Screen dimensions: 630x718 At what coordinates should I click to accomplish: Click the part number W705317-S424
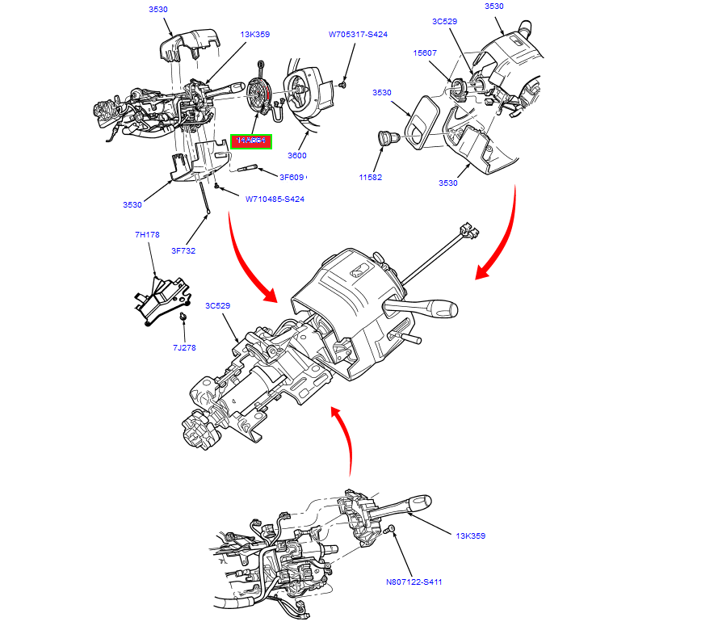(x=357, y=35)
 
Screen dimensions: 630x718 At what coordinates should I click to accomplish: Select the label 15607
(x=425, y=52)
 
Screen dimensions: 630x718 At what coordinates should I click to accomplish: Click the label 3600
(x=297, y=156)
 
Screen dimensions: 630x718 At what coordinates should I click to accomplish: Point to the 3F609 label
(x=292, y=177)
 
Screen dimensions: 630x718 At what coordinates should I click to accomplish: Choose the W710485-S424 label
(x=275, y=199)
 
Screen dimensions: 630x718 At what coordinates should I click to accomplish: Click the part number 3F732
(x=182, y=250)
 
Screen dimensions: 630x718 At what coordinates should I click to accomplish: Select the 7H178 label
(x=147, y=235)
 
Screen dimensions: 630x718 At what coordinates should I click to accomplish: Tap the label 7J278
(x=183, y=347)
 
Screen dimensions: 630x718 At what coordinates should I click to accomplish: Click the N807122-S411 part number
(x=414, y=582)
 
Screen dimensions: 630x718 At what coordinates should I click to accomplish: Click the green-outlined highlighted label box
(x=251, y=141)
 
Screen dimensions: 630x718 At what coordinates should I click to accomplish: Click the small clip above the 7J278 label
(x=183, y=317)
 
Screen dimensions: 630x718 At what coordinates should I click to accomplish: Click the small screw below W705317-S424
(x=343, y=83)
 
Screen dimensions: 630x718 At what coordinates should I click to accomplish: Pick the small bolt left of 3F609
(x=247, y=169)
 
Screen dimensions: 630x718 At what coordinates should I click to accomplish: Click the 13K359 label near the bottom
(x=470, y=535)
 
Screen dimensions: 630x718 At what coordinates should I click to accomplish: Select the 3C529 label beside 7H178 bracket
(x=218, y=306)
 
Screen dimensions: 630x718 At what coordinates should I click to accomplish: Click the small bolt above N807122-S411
(x=391, y=529)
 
